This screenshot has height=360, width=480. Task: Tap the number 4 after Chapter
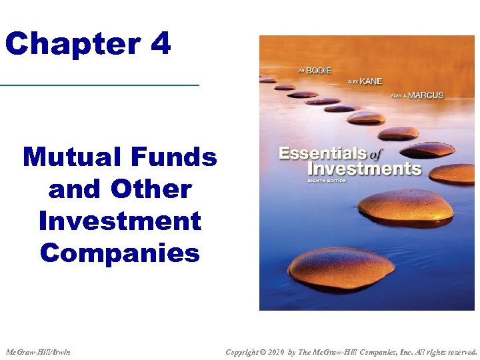point(161,44)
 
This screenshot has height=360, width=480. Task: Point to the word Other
point(151,189)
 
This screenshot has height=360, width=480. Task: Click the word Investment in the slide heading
point(120,221)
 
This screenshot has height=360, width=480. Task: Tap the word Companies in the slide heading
point(120,253)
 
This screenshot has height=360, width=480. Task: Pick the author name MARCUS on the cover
point(425,95)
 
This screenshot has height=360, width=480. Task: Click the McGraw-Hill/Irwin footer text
point(38,352)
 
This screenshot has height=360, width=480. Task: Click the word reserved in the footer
point(459,352)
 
